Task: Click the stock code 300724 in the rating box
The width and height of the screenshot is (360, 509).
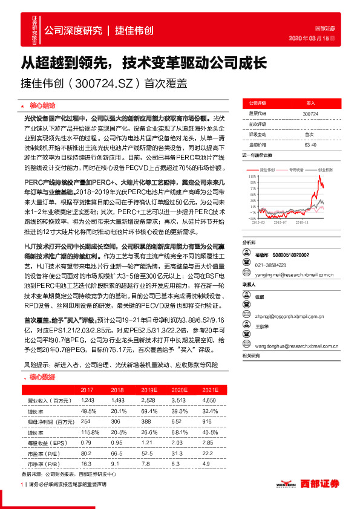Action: pos(310,113)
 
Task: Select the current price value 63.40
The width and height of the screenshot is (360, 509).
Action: pos(310,144)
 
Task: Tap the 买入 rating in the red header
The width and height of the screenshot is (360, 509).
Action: pos(310,103)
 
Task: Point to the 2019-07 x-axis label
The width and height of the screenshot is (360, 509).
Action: pos(280,222)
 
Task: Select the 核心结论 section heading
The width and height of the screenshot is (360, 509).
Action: pos(42,104)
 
